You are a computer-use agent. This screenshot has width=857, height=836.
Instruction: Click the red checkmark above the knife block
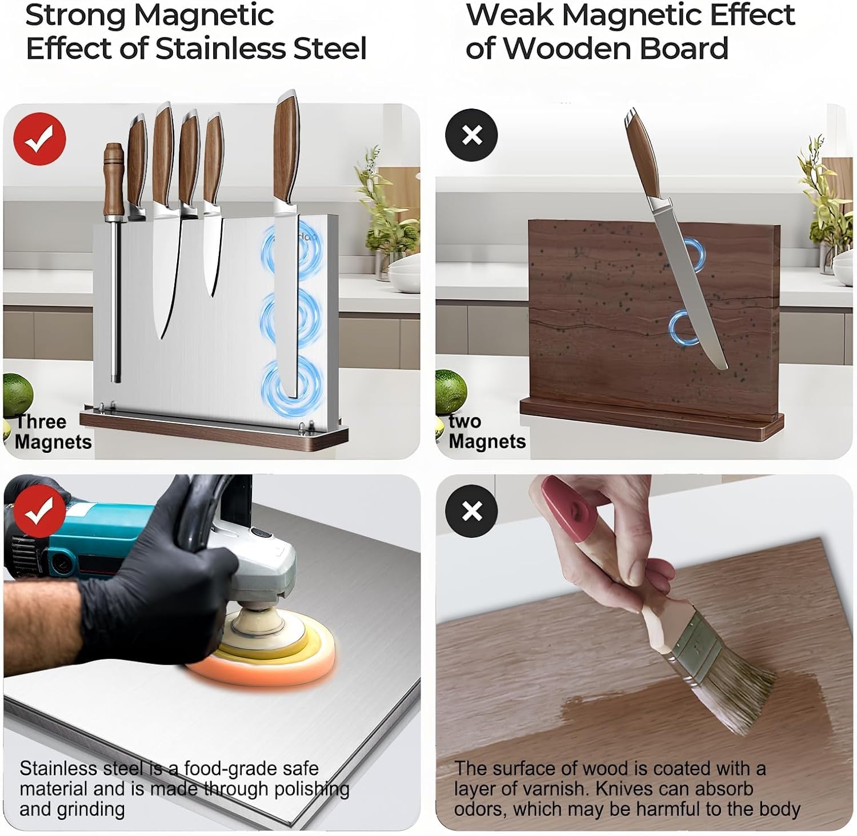click(x=39, y=139)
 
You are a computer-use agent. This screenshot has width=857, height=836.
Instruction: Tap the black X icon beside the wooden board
click(x=472, y=135)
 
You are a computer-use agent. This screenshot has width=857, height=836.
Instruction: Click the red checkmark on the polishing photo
click(x=39, y=512)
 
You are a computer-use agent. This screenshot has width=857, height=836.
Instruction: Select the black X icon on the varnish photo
click(x=472, y=511)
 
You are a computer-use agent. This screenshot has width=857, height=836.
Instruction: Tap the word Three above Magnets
click(x=41, y=421)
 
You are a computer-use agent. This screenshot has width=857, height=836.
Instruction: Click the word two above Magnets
click(x=464, y=421)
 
